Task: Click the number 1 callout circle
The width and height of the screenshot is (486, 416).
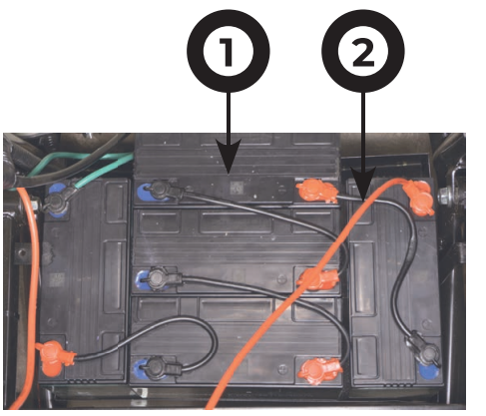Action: (x=229, y=51)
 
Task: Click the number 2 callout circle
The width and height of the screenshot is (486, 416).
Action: (x=363, y=51)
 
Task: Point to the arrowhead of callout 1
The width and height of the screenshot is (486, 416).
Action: (x=229, y=157)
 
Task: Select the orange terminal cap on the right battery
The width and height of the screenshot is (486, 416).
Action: (x=418, y=198)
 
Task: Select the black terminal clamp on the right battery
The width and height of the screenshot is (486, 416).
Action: (x=423, y=349)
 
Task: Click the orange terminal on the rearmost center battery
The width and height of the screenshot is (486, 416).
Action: (x=315, y=192)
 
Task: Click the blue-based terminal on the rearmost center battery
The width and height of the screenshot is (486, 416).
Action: (x=157, y=192)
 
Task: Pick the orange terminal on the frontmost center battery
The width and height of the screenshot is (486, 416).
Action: (x=319, y=371)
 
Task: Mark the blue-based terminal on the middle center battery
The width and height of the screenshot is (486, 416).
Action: (x=157, y=279)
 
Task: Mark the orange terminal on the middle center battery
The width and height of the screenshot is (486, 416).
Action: (x=317, y=279)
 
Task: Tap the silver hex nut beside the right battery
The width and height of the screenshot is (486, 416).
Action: (x=446, y=197)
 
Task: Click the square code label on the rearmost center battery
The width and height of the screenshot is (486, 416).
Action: (x=237, y=188)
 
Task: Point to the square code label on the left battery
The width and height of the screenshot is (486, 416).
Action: (x=57, y=280)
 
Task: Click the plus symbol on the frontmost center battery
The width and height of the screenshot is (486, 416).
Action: (x=282, y=368)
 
